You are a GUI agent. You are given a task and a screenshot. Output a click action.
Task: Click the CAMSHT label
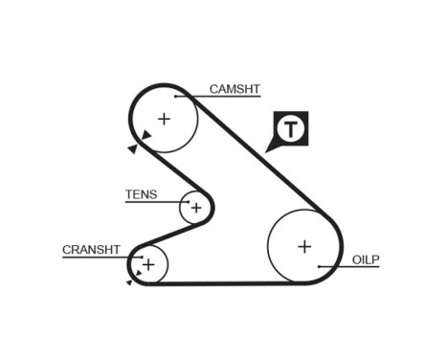235,90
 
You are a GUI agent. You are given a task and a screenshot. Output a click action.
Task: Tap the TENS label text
141,194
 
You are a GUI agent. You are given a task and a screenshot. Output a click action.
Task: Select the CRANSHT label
91,249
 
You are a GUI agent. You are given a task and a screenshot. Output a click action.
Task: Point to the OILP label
366,259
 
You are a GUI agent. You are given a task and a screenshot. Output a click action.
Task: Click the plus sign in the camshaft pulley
164,119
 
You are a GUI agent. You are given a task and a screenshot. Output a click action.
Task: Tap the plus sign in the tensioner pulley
196,207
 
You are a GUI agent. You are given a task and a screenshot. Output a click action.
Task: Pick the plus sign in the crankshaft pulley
148,263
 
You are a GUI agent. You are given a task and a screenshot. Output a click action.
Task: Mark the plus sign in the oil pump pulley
304,246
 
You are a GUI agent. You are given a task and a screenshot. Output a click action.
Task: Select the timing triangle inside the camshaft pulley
145,135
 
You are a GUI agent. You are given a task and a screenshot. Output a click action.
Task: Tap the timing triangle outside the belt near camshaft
131,148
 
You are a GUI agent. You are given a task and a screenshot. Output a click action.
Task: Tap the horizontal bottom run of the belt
230,282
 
